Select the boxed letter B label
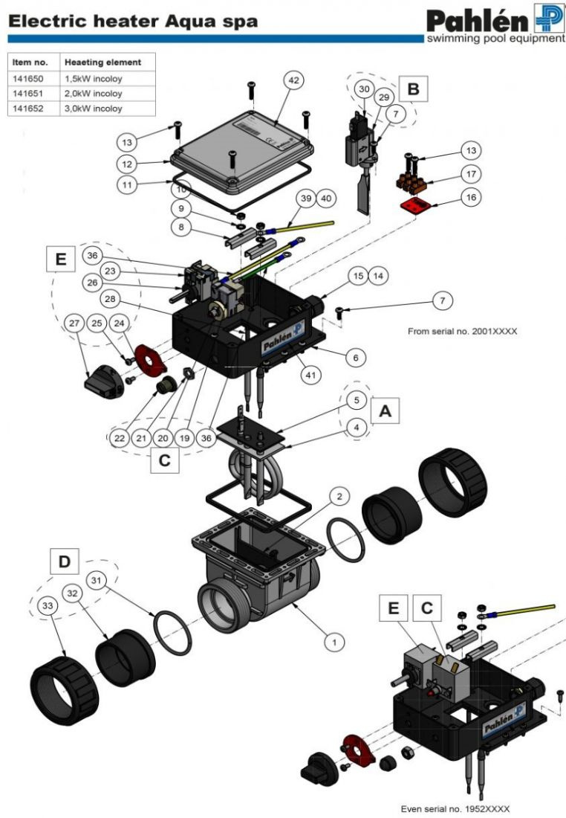[414, 90]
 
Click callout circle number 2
[338, 496]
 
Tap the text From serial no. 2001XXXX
[462, 332]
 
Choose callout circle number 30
[364, 89]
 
